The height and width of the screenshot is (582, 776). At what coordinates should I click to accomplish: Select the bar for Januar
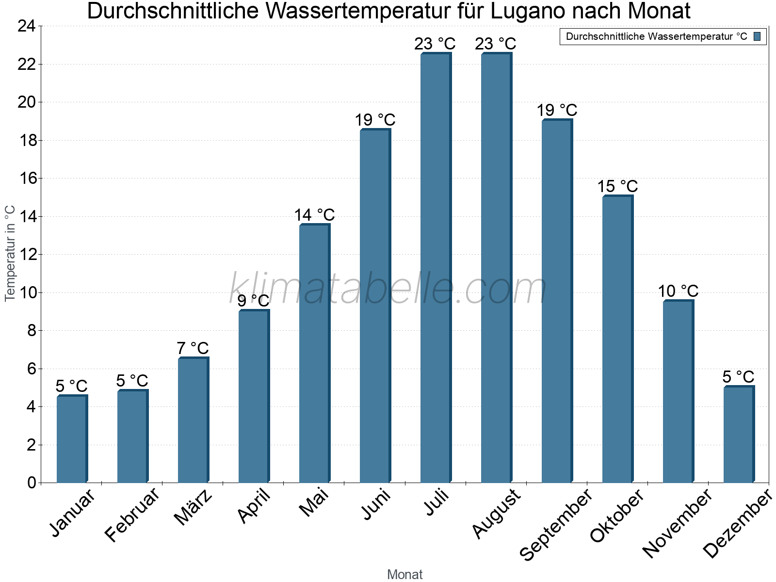[72, 439]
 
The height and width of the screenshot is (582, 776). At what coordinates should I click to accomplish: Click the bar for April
[254, 396]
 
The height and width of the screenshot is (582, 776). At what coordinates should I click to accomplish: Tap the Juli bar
[436, 268]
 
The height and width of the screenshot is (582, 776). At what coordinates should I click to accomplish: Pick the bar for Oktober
[617, 339]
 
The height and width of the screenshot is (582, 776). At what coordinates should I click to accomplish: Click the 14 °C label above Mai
[314, 215]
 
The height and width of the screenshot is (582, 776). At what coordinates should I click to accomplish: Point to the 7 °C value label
[193, 348]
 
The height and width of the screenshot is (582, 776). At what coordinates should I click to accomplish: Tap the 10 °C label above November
[678, 291]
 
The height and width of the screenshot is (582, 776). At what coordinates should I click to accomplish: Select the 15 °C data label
[617, 186]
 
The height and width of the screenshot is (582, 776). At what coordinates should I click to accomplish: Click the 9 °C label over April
[253, 301]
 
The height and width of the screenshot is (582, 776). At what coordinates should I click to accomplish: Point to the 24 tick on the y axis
[27, 26]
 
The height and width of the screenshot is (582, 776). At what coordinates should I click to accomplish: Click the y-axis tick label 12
[27, 255]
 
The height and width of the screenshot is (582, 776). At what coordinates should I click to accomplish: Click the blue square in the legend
[757, 36]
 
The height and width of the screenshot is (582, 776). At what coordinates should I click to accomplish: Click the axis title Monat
[405, 575]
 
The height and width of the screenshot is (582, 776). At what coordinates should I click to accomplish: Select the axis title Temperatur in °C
[10, 253]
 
